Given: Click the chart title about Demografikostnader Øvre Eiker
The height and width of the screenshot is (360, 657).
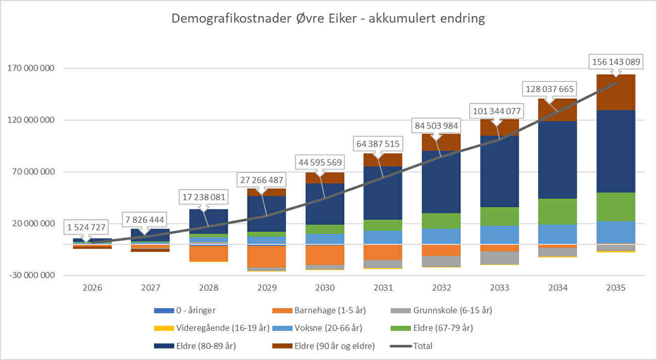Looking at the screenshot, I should [328, 19].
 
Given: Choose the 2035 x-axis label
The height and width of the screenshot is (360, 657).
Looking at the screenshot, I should [616, 287].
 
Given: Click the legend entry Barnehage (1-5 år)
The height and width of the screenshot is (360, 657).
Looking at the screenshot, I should [326, 311].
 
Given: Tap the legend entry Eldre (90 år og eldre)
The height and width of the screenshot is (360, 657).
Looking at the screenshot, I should [326, 346].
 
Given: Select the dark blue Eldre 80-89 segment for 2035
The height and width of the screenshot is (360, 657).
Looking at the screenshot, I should [616, 151].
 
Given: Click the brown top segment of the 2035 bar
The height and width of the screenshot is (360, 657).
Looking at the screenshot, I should [616, 92].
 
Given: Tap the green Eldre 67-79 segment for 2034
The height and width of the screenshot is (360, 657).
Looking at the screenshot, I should [557, 211].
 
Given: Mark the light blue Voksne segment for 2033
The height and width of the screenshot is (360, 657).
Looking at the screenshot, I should [499, 234].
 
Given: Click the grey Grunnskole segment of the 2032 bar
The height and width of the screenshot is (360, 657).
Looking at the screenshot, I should [441, 261].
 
